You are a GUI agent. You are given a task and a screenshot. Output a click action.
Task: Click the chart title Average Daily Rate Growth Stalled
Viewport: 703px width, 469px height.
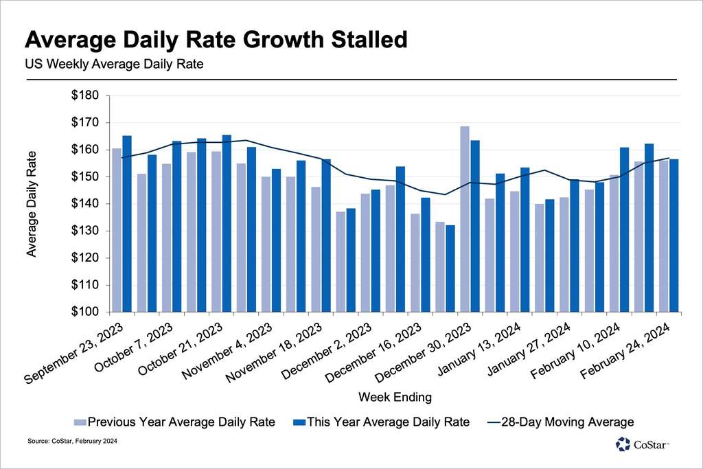216,40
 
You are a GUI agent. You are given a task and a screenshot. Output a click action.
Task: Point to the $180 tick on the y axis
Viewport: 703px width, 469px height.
85,95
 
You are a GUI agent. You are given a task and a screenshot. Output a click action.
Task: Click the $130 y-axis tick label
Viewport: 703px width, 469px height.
85,231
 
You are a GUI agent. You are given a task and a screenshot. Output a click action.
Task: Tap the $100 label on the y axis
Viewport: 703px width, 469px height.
85,312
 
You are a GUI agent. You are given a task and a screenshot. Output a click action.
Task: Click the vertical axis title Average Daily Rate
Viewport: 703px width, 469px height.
32,204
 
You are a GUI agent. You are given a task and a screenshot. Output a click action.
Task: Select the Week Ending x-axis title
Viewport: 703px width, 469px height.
395,397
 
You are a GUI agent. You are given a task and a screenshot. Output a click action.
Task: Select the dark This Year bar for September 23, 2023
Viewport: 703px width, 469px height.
127,223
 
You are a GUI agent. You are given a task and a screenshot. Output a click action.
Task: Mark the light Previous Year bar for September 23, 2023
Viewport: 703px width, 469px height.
117,229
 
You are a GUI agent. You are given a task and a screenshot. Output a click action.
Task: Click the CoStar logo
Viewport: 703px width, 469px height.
641,444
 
